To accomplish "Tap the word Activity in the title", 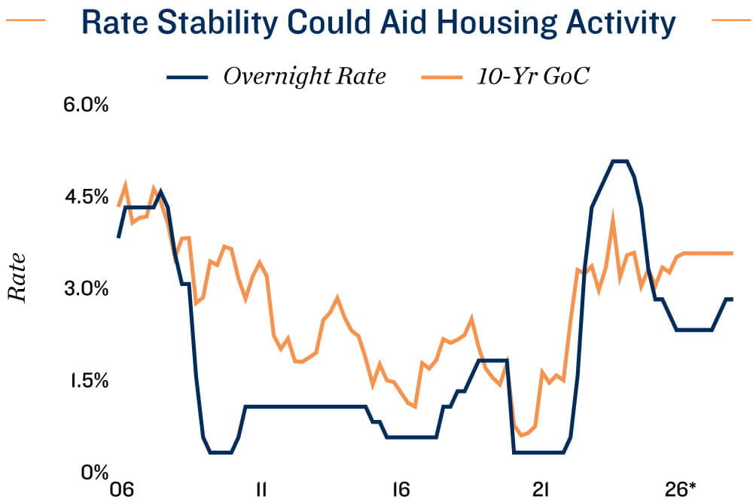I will click(x=617, y=23).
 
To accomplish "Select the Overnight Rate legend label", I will click(x=304, y=76).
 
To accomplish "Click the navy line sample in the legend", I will click(x=186, y=77).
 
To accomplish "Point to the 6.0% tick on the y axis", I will click(x=86, y=105).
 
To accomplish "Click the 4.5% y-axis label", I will click(x=86, y=196).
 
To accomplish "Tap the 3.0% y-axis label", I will click(x=86, y=288).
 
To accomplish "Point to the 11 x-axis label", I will click(x=261, y=489).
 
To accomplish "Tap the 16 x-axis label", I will click(x=401, y=489).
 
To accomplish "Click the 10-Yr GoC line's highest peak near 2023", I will click(x=613, y=218).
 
